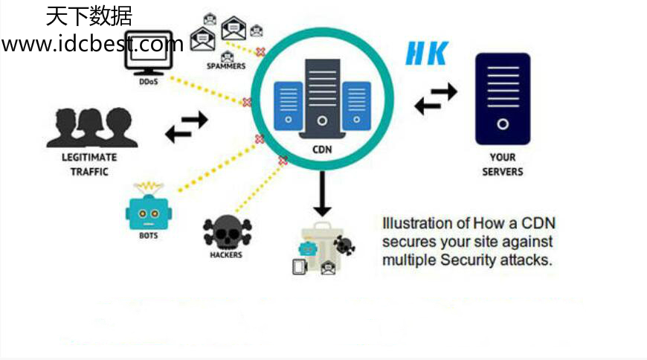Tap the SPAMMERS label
pos(226,66)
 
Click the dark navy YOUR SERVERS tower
pos(503,98)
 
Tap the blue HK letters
pos(427,53)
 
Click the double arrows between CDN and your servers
pos(436,98)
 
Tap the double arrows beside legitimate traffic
pos(186,127)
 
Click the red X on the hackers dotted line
pos(283,161)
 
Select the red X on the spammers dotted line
pos(260,52)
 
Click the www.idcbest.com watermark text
pos(92,44)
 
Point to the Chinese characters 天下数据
pos(88,16)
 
